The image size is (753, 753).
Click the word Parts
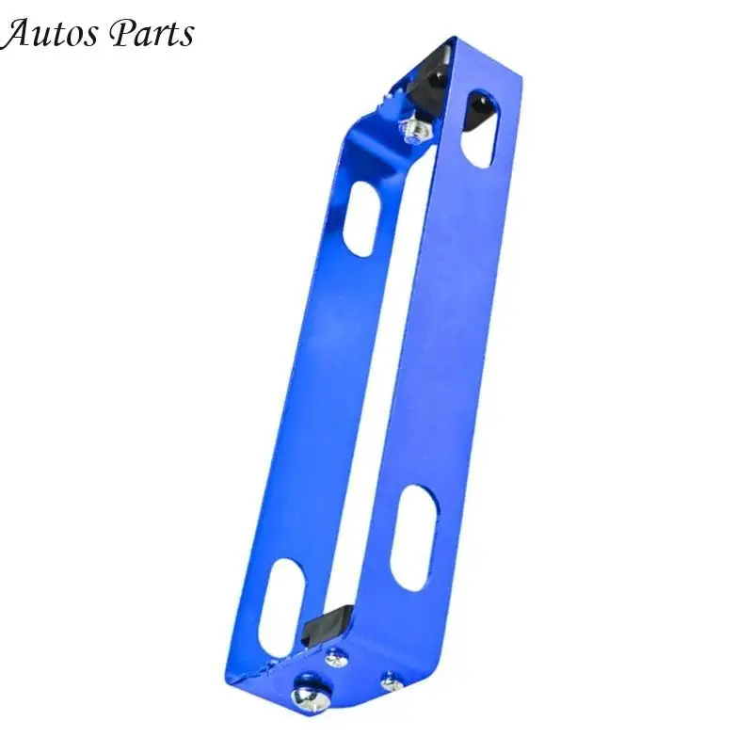coord(152,34)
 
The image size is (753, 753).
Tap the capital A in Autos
coord(15,34)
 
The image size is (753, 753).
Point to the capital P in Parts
coord(120,33)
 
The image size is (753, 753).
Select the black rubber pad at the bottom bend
coord(327,624)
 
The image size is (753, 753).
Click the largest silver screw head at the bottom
coord(309,697)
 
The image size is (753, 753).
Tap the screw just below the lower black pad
coord(336,658)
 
